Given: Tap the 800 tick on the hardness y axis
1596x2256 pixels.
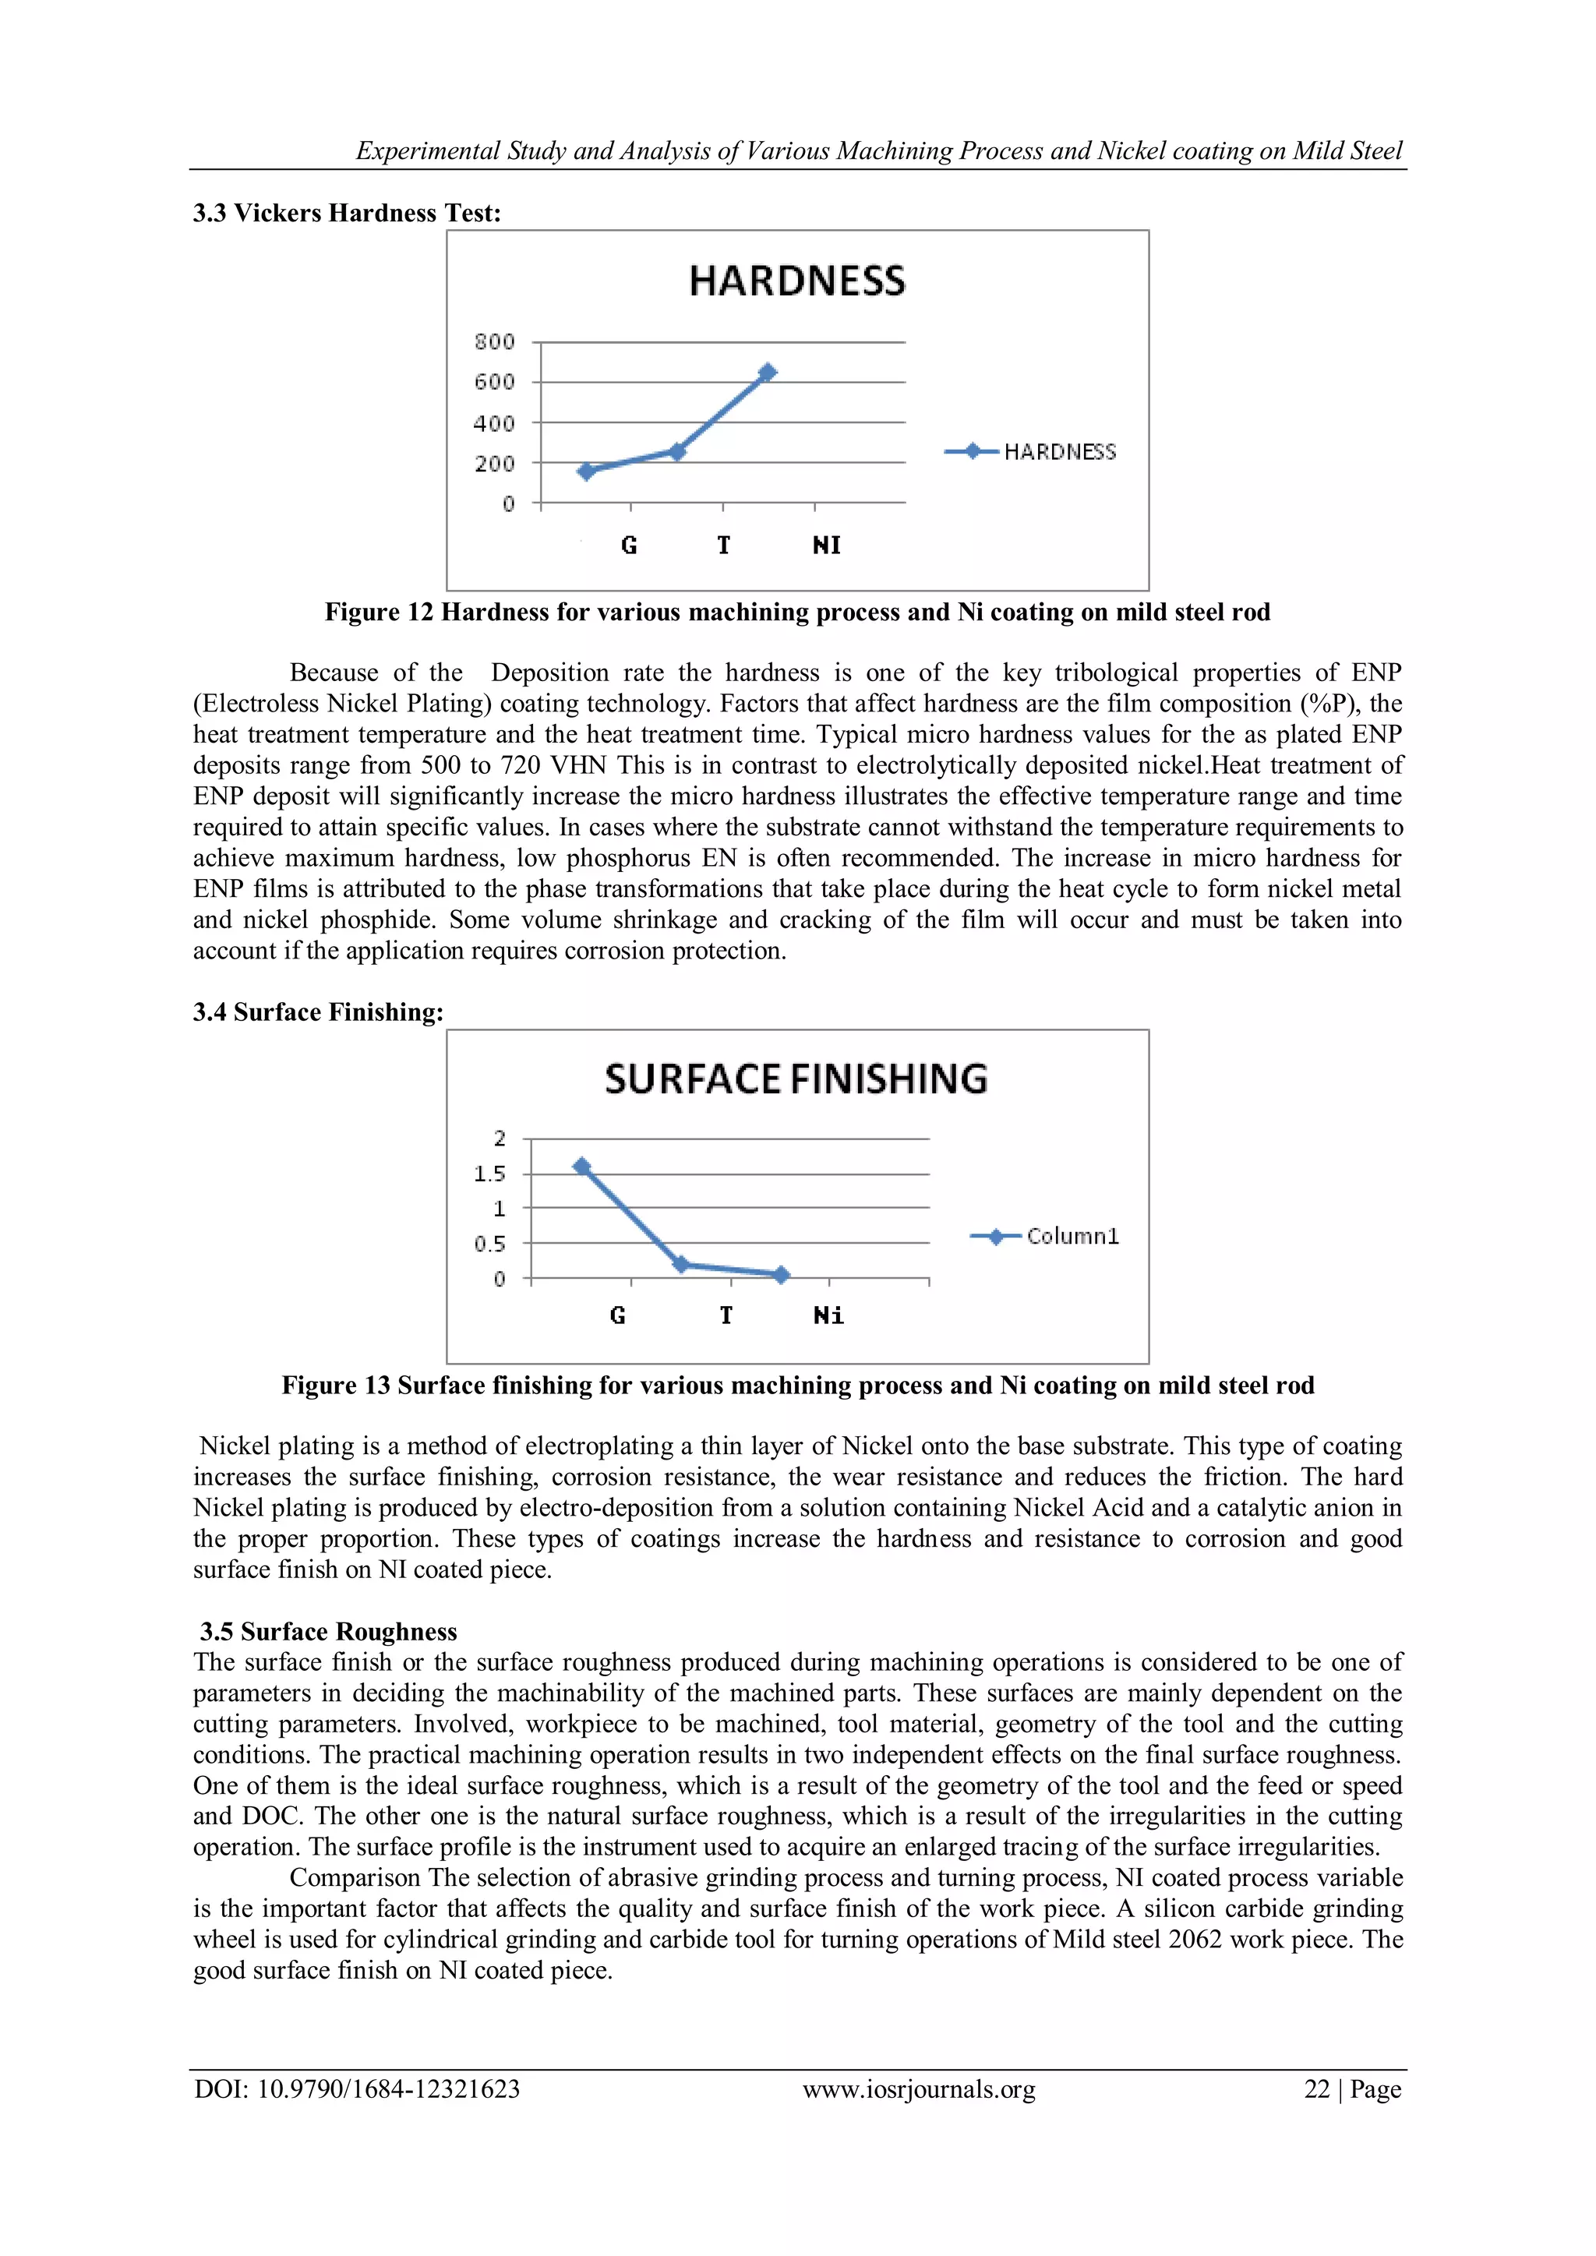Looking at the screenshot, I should (x=494, y=342).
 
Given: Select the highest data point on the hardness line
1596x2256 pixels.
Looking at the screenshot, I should (x=768, y=372).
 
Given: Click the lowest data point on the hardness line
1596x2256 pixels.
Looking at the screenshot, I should (x=587, y=471).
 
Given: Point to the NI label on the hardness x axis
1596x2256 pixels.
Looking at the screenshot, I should (x=827, y=545).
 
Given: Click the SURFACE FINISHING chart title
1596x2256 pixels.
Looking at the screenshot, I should (x=796, y=1079).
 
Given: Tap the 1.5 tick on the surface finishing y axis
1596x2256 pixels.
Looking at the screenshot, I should (x=489, y=1174).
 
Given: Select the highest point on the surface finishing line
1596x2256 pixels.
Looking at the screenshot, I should (x=582, y=1167).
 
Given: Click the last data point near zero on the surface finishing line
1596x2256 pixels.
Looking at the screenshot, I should (x=782, y=1274).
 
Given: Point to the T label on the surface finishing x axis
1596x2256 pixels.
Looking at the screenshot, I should (x=726, y=1315).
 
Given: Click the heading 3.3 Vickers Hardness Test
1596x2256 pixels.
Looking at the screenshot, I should (x=347, y=214).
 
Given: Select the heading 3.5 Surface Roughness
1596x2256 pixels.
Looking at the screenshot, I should (x=328, y=1631).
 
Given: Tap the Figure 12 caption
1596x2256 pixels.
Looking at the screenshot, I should (x=797, y=613).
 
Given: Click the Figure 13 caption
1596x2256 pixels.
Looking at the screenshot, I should (x=797, y=1386).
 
